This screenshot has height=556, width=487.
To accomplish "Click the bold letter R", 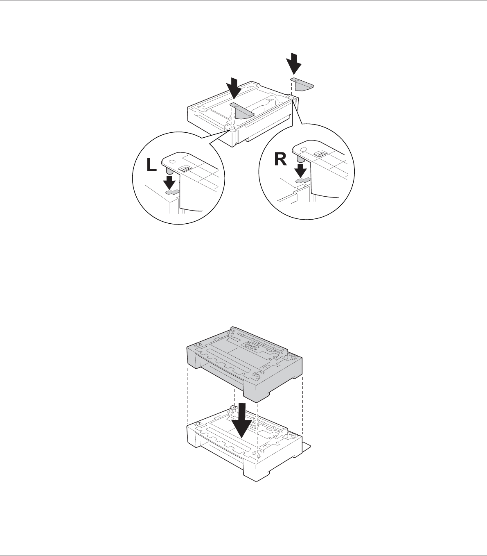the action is pyautogui.click(x=280, y=159).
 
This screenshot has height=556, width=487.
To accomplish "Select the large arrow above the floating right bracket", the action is pyautogui.click(x=293, y=64).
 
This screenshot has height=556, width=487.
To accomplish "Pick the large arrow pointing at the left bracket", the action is pyautogui.click(x=234, y=89).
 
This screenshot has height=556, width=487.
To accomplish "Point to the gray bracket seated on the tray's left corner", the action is pyautogui.click(x=242, y=110).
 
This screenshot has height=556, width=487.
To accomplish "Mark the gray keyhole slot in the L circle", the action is pyautogui.click(x=172, y=192).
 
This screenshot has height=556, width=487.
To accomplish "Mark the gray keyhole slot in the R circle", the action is pyautogui.click(x=304, y=180).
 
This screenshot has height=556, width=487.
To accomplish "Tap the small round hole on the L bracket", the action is pyautogui.click(x=172, y=161).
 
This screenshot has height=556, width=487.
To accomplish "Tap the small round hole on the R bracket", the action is pyautogui.click(x=303, y=150).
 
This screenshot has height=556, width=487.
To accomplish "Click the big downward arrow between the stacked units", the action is pyautogui.click(x=241, y=424).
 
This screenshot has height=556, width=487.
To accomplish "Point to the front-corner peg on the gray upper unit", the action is pyautogui.click(x=257, y=377).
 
